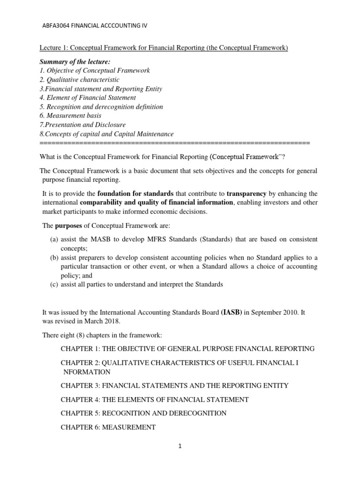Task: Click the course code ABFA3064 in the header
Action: click(x=57, y=26)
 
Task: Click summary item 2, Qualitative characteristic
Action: click(x=79, y=80)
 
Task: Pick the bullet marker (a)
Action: click(x=54, y=239)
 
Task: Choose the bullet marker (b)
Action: click(x=54, y=257)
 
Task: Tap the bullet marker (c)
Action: click(x=54, y=284)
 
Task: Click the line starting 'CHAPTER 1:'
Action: click(x=187, y=349)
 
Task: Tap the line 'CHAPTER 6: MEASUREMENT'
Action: click(x=108, y=427)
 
